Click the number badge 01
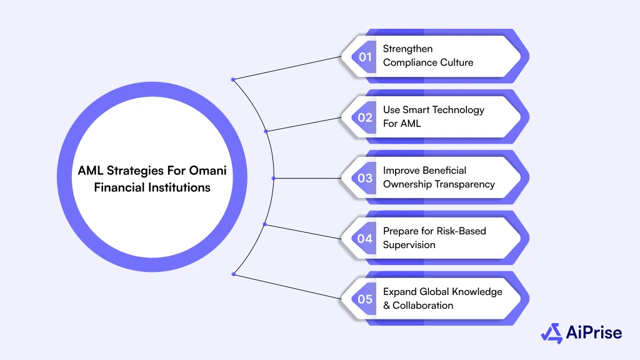point(365,57)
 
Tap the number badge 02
point(365,117)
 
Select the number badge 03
point(365,178)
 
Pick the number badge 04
point(365,239)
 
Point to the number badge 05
point(365,299)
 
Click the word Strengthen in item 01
point(407,49)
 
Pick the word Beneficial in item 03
point(444,170)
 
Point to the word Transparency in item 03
point(465,184)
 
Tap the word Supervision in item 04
point(409,244)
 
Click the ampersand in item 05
point(387,305)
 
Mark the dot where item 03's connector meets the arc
point(273,178)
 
